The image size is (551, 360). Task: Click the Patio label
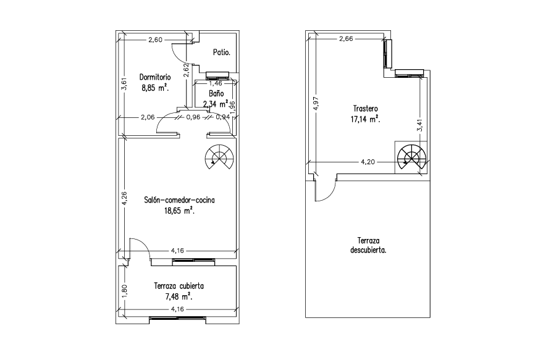coord(222,52)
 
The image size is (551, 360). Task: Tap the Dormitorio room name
coord(155,77)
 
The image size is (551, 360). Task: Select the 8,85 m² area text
coord(155,88)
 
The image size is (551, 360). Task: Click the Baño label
coord(216,93)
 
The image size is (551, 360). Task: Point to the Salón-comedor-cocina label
coord(179,200)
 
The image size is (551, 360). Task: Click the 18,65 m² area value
coord(179,211)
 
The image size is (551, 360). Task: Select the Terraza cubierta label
coord(179,286)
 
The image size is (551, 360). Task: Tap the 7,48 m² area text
coord(179,297)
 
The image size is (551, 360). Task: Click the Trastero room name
coord(366,109)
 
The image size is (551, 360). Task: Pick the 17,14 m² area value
coord(366,119)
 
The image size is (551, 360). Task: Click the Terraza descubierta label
coord(368,246)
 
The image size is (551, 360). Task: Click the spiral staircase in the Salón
coord(220,157)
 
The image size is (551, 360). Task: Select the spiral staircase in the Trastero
coord(411,157)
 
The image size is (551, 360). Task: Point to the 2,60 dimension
coord(155,40)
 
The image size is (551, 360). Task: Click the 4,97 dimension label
coord(316,104)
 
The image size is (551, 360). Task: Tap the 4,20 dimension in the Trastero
coord(368,162)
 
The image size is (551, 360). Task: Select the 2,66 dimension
coord(346,39)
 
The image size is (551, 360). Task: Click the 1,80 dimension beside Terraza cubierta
coord(125,291)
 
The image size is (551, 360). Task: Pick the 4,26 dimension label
coord(125,198)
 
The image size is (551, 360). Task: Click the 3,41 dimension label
coord(419,125)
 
